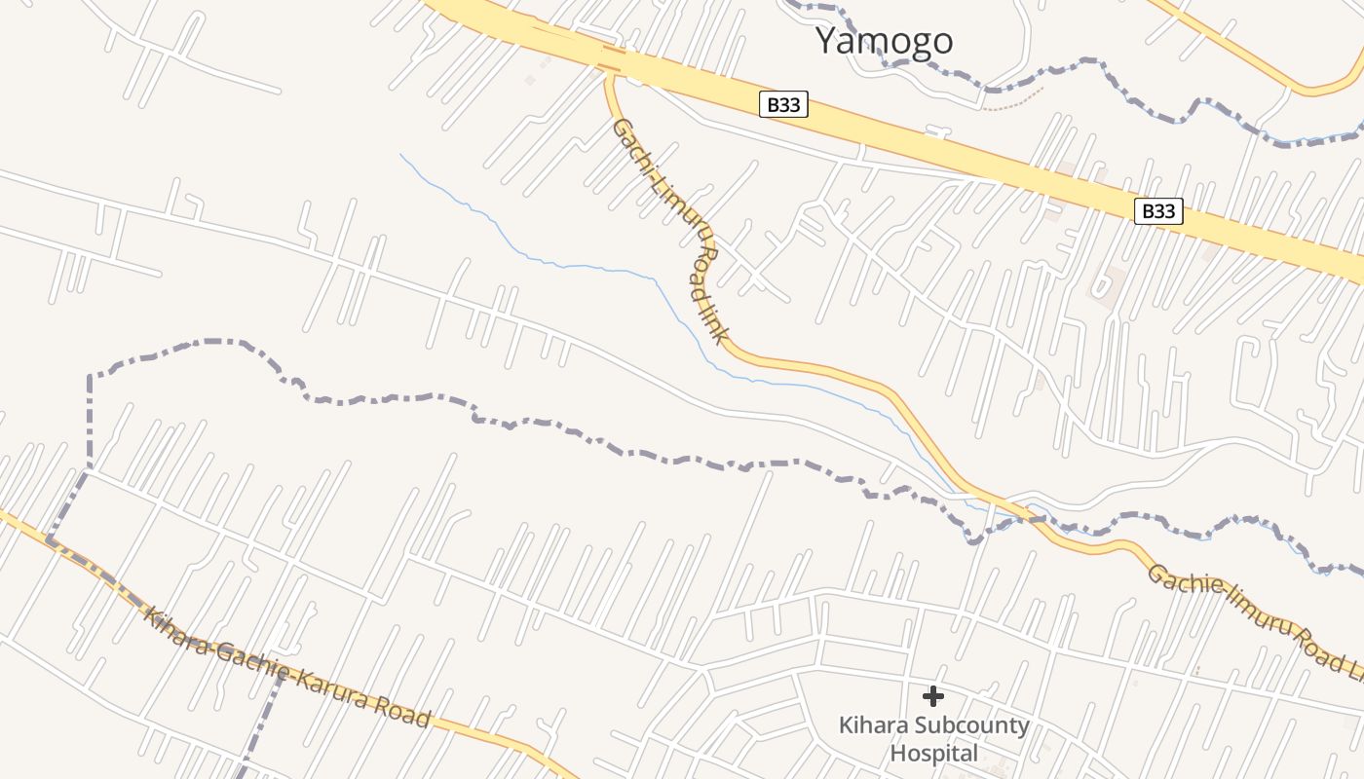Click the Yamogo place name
coord(883,41)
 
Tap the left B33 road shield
coord(783,104)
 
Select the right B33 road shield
coord(1158,210)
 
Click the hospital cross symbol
coord(933,695)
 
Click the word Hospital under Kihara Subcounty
coord(933,753)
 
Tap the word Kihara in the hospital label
coord(862,725)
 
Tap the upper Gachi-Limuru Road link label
coord(670,230)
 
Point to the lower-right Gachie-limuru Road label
coord(1257,615)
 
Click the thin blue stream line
coord(546,261)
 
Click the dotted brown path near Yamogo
coord(1013,101)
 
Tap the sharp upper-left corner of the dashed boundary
coord(90,376)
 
